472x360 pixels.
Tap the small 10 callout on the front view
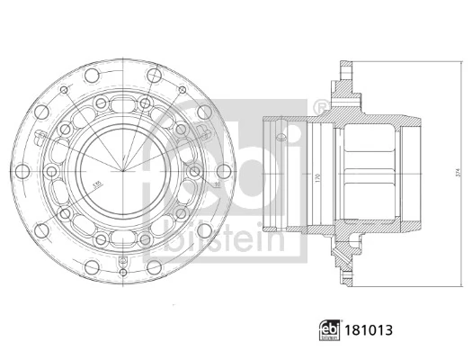(216, 184)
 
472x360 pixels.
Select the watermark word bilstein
(219, 238)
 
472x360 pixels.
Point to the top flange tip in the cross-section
(345, 66)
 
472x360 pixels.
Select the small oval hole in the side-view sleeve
(281, 135)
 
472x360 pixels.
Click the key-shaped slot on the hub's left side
(41, 137)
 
